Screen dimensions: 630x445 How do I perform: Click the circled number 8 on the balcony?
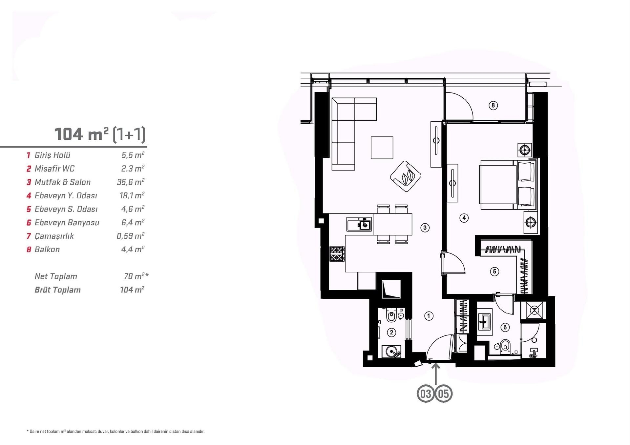(493, 105)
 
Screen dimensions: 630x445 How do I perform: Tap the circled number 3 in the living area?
(425, 228)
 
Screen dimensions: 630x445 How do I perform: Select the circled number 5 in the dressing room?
(494, 272)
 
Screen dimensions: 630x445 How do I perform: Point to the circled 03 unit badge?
(426, 394)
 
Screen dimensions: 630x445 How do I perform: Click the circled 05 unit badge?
(444, 394)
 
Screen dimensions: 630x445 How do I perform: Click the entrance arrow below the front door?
(435, 374)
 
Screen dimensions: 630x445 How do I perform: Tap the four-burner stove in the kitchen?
(337, 254)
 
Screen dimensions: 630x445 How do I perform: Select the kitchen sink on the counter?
(359, 224)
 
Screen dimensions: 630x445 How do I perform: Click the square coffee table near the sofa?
(382, 148)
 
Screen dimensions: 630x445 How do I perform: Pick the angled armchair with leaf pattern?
(406, 176)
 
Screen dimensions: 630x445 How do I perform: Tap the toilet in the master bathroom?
(505, 347)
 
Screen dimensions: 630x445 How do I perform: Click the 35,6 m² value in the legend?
(131, 182)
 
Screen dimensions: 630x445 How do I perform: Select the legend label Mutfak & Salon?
(63, 182)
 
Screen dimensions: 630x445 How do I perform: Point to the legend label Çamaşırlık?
(54, 236)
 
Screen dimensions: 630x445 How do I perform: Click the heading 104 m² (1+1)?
(100, 134)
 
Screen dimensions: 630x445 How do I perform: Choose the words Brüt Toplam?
(58, 290)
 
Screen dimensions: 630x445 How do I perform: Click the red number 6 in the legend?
(29, 223)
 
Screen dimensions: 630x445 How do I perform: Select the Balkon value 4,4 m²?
(133, 249)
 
